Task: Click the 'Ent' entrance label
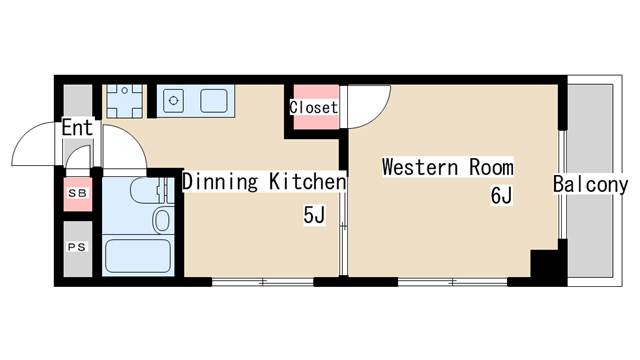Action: tap(77, 128)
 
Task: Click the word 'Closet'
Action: tap(313, 107)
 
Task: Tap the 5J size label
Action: tap(315, 214)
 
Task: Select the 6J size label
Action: tap(501, 196)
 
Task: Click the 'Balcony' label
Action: tap(590, 184)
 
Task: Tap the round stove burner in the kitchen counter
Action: tap(172, 100)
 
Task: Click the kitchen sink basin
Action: tap(213, 101)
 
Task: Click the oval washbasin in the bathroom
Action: tap(161, 219)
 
